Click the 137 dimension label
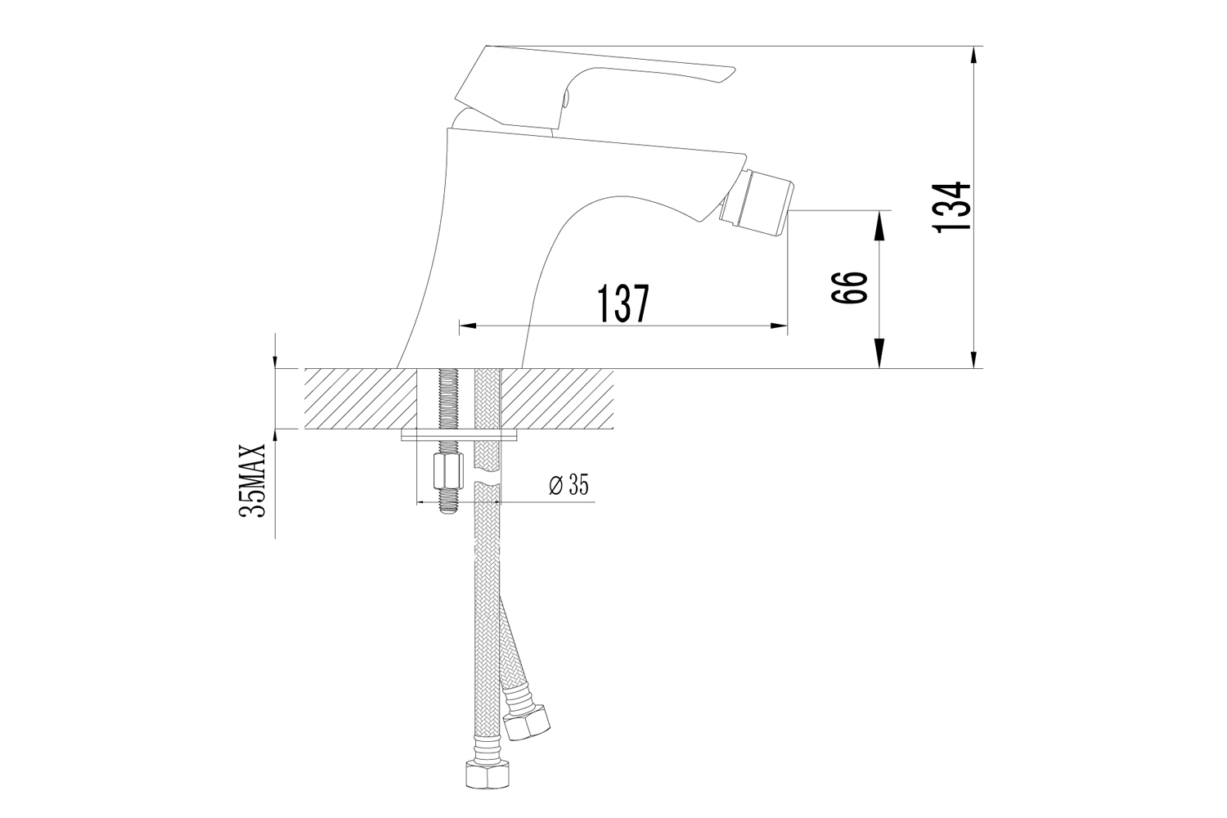point(622,303)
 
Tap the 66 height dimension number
point(850,286)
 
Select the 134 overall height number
point(952,207)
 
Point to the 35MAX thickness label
point(252,480)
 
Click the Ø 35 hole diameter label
point(569,485)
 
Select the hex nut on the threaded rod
point(448,471)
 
